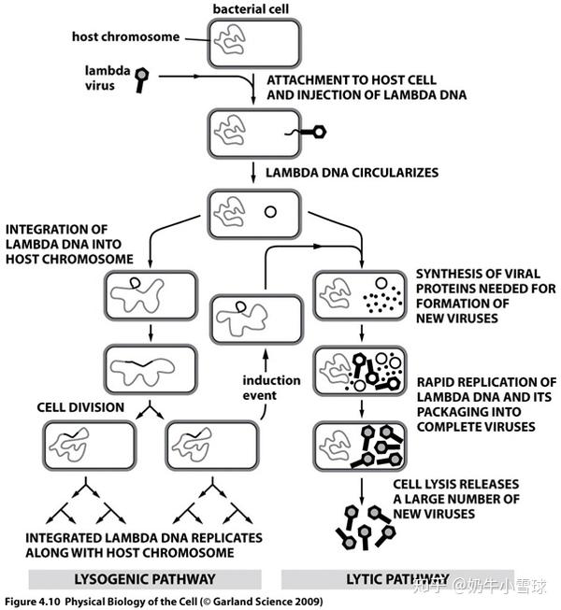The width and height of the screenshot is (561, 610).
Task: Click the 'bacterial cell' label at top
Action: [251, 9]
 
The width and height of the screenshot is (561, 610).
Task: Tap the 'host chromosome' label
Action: [125, 36]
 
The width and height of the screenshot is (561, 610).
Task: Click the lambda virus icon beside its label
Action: [141, 79]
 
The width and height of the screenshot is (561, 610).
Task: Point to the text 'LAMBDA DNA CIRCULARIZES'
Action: [352, 172]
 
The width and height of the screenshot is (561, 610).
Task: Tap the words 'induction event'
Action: [271, 388]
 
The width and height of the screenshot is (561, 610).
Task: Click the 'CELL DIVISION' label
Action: [80, 407]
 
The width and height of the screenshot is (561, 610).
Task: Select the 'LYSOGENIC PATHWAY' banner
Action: [145, 579]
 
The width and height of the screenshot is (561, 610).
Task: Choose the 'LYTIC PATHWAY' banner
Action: [397, 579]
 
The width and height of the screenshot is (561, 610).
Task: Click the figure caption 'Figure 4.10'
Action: [33, 602]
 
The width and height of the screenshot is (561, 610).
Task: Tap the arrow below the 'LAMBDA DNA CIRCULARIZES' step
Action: [253, 173]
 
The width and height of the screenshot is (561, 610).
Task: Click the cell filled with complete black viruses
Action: [360, 446]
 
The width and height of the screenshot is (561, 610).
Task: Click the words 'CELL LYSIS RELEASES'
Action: [456, 484]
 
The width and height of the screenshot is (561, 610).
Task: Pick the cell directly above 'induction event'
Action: [256, 319]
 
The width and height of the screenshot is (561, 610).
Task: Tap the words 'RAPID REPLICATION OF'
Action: [486, 382]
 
